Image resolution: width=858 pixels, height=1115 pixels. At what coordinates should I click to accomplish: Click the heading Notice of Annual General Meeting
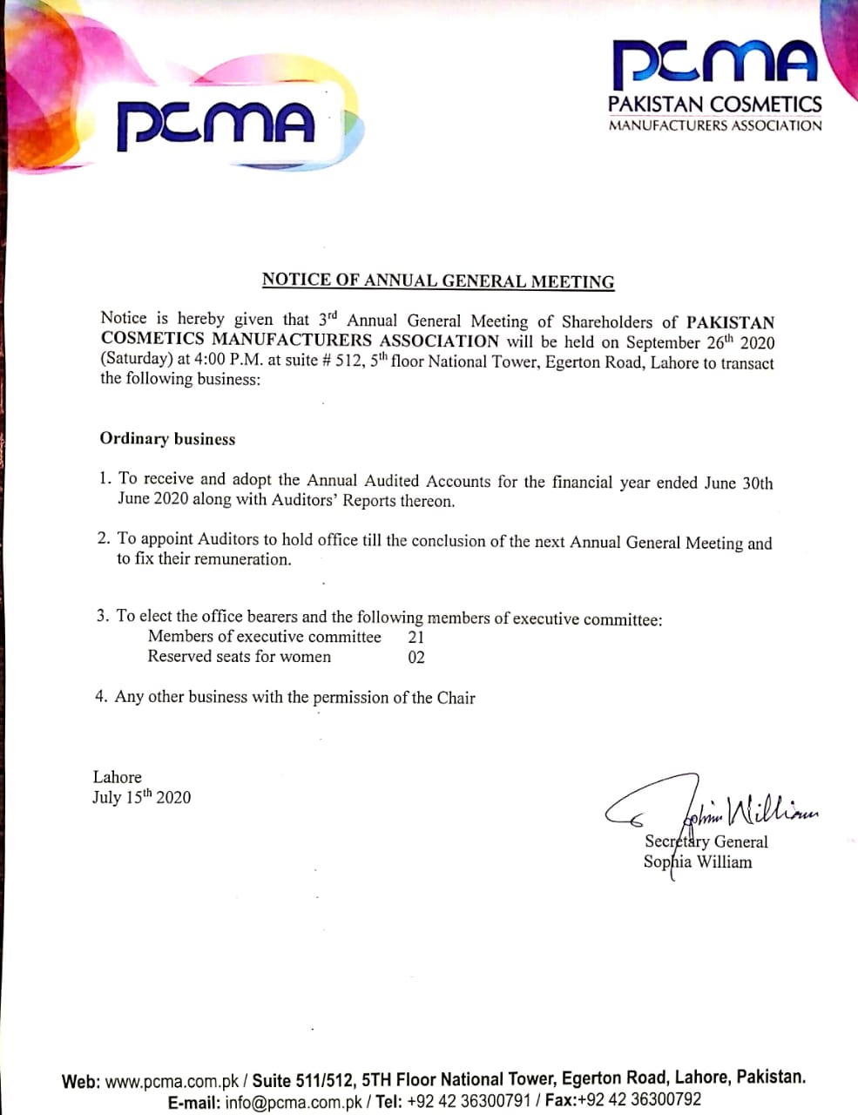[x=438, y=280]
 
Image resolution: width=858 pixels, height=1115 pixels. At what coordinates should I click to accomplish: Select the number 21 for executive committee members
[x=416, y=637]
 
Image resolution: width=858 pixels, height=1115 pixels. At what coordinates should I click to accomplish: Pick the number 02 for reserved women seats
[x=416, y=658]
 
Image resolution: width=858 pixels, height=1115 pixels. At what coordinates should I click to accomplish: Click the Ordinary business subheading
[x=167, y=439]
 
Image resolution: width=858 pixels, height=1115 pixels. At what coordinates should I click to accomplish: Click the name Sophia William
[x=698, y=862]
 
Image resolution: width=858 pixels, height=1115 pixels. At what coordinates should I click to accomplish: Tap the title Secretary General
[x=706, y=841]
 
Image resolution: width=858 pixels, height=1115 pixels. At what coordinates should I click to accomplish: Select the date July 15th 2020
[x=141, y=797]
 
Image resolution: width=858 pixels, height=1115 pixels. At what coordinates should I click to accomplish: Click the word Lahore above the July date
[x=117, y=777]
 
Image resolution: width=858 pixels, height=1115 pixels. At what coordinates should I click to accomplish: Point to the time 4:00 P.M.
[x=229, y=360]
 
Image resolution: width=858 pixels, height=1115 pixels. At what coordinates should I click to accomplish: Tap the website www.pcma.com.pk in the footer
[x=172, y=1082]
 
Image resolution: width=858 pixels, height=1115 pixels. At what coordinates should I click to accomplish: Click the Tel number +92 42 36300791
[x=468, y=1101]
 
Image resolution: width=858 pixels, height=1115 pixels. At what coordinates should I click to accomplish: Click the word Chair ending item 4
[x=456, y=698]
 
